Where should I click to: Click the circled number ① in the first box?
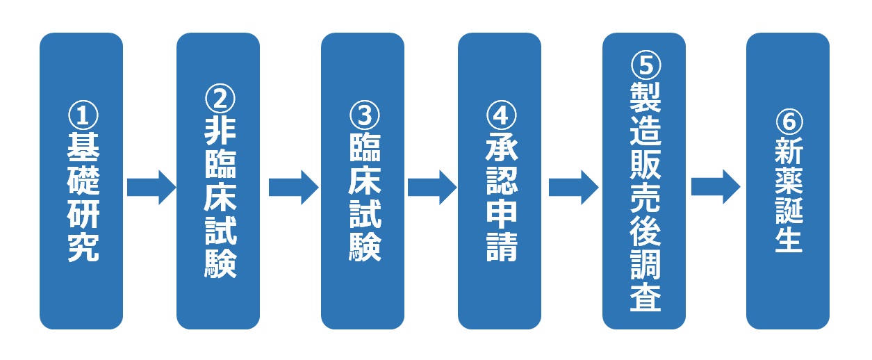[x=83, y=115]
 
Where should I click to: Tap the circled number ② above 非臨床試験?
[x=220, y=99]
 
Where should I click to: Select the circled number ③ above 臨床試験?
[x=365, y=115]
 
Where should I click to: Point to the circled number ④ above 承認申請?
[x=502, y=115]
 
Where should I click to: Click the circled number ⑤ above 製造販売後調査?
[x=645, y=65]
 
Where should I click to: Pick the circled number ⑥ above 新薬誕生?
[x=789, y=122]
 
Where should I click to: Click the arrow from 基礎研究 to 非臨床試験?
[x=151, y=187]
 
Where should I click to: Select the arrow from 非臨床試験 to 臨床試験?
[x=294, y=187]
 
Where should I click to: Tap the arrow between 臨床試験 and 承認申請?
[x=432, y=187]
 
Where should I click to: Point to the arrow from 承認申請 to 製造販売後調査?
[x=574, y=187]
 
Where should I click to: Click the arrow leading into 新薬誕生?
[x=716, y=187]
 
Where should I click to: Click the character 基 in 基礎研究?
[x=83, y=147]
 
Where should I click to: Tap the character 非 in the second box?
[x=220, y=131]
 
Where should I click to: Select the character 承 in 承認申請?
[x=502, y=147]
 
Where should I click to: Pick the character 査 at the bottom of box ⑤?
[x=645, y=297]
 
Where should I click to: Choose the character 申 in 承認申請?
[x=502, y=214]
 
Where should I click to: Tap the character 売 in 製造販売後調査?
[x=645, y=197]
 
